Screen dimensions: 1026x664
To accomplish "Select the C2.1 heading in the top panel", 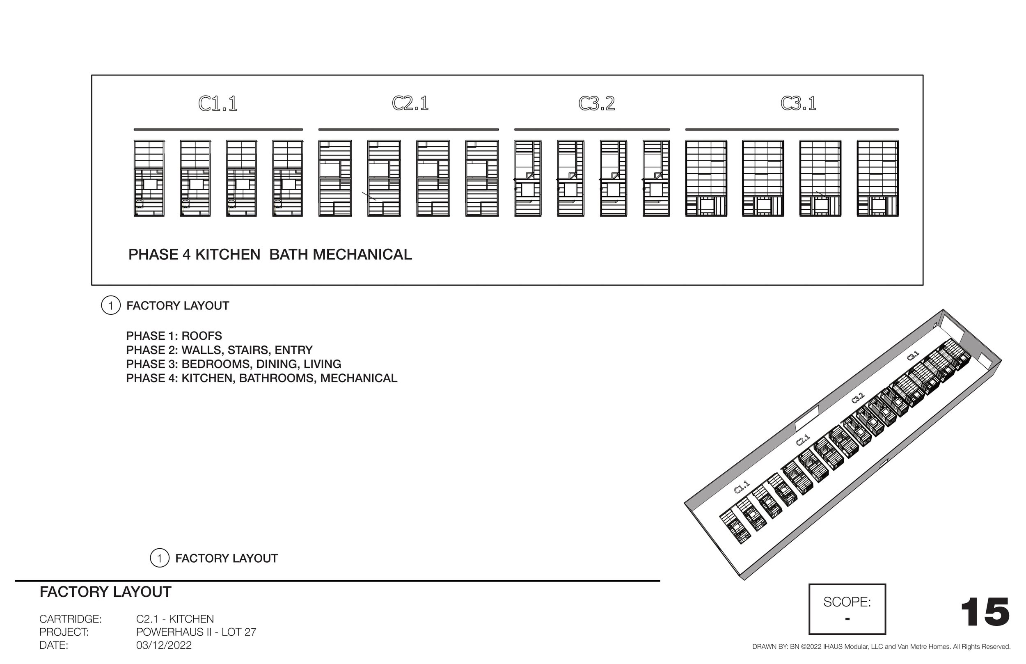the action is tap(410, 103).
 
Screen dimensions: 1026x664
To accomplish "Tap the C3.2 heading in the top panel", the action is tap(597, 103).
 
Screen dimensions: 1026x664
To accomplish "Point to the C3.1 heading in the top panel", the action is tap(798, 103).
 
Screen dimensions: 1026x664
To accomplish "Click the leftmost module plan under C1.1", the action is tap(149, 178).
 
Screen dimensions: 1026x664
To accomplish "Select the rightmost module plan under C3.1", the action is tap(877, 178).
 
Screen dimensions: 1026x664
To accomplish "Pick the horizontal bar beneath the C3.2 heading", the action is tap(592, 129).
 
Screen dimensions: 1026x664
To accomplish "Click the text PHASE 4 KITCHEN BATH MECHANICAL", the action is tap(270, 254).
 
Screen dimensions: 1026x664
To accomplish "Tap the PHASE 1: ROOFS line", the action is tap(174, 336).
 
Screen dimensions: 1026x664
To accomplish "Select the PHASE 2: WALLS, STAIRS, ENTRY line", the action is tap(219, 350).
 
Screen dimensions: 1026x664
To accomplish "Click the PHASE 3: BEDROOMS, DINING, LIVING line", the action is tap(233, 364).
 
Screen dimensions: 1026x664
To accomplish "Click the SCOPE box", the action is tap(847, 609).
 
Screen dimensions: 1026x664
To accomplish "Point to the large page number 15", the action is tap(985, 612).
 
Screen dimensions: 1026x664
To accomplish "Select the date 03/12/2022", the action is tap(164, 645).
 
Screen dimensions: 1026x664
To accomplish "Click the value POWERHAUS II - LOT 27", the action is tap(196, 632).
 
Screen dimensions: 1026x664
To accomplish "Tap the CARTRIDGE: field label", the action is tap(70, 619).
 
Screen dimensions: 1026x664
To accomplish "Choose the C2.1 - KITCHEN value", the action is tap(174, 619).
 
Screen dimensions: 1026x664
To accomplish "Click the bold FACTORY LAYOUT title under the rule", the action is tap(105, 592).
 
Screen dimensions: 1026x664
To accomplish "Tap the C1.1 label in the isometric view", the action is tap(742, 487).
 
